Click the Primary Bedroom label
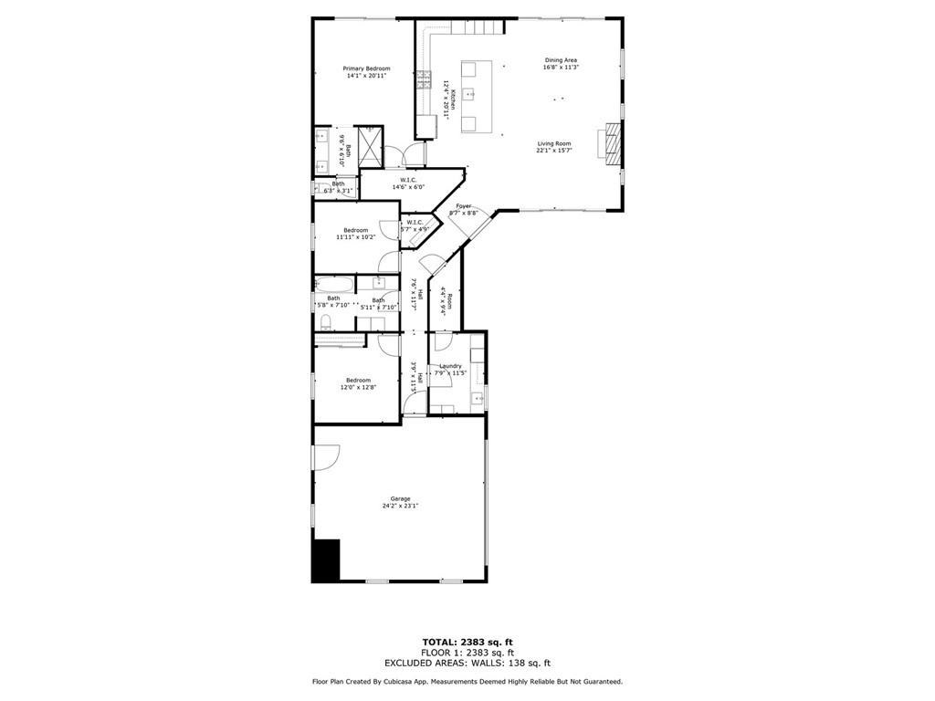(366, 68)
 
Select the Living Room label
(553, 143)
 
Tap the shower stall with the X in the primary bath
(366, 146)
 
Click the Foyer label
(464, 206)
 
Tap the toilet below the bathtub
(326, 320)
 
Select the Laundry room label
(450, 366)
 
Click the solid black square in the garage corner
(326, 560)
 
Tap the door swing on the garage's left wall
(327, 456)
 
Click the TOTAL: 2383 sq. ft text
(467, 642)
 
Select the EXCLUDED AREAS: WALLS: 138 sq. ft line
(467, 664)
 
